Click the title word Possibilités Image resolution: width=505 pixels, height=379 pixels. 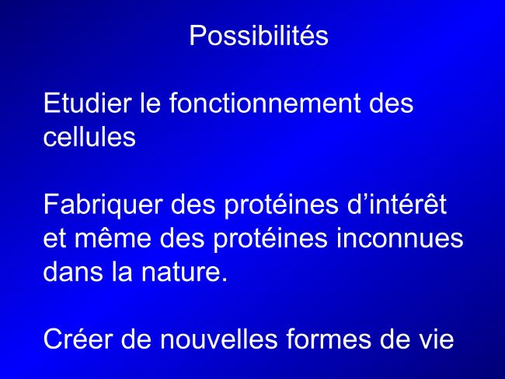pos(259,36)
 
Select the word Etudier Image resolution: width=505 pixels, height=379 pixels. pos(87,104)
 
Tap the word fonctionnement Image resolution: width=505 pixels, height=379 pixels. pos(264,104)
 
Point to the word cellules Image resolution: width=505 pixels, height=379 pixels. pos(89,136)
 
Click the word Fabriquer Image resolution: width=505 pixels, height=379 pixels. pos(103,205)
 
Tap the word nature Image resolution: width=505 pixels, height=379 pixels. pos(181,272)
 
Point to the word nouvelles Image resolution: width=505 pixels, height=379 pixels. pos(218,339)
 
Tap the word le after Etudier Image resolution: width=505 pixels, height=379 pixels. pos(150,104)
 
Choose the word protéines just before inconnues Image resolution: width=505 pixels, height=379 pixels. pos(270,240)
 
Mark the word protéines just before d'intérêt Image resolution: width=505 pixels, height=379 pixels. pos(281,206)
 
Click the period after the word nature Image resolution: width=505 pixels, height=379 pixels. pos(225,279)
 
